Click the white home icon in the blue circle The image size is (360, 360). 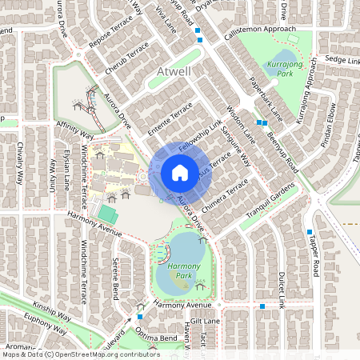(180, 173)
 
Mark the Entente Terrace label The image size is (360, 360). (171, 117)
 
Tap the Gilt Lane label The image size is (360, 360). (215, 319)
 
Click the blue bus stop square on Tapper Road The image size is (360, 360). (309, 232)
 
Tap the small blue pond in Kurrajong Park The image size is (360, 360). (274, 81)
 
